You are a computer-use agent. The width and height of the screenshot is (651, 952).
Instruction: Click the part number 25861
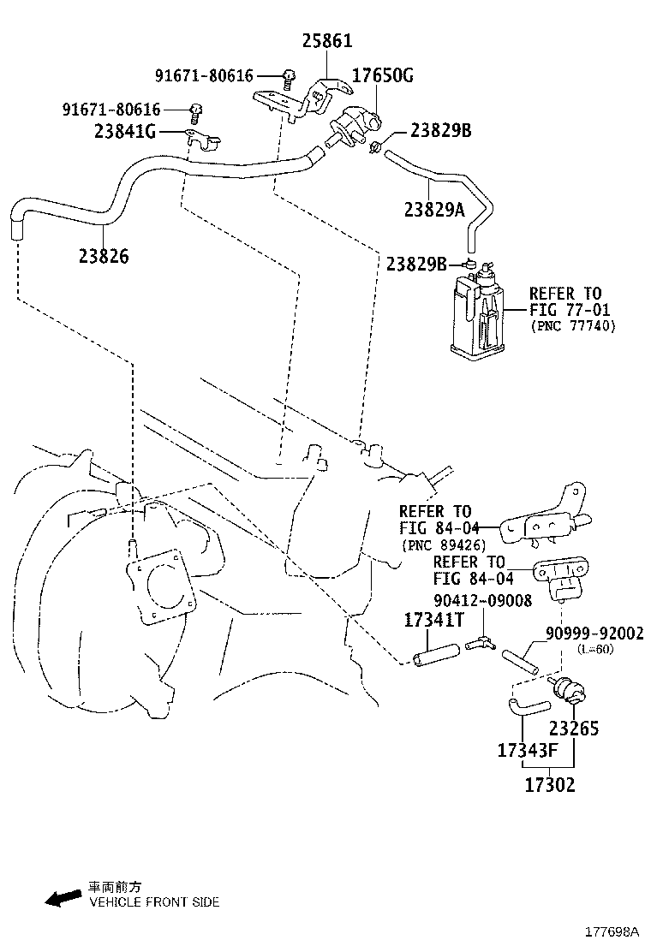(326, 41)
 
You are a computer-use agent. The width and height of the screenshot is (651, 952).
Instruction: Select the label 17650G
(383, 76)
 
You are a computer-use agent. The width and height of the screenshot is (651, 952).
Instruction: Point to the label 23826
(103, 255)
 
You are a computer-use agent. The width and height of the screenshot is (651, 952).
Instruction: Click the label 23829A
(435, 210)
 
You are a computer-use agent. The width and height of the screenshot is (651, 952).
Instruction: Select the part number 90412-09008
(481, 601)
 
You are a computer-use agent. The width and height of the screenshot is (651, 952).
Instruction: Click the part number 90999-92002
(594, 634)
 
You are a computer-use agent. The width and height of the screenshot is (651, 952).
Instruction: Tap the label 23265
(574, 729)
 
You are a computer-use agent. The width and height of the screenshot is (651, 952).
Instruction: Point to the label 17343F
(528, 751)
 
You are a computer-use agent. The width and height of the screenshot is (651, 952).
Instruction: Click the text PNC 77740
(572, 326)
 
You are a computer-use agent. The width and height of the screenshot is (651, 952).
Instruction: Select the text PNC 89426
(443, 545)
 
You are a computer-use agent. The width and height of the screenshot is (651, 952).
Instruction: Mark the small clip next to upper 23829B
(375, 146)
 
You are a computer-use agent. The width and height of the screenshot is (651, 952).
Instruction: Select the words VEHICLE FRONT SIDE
(154, 901)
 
